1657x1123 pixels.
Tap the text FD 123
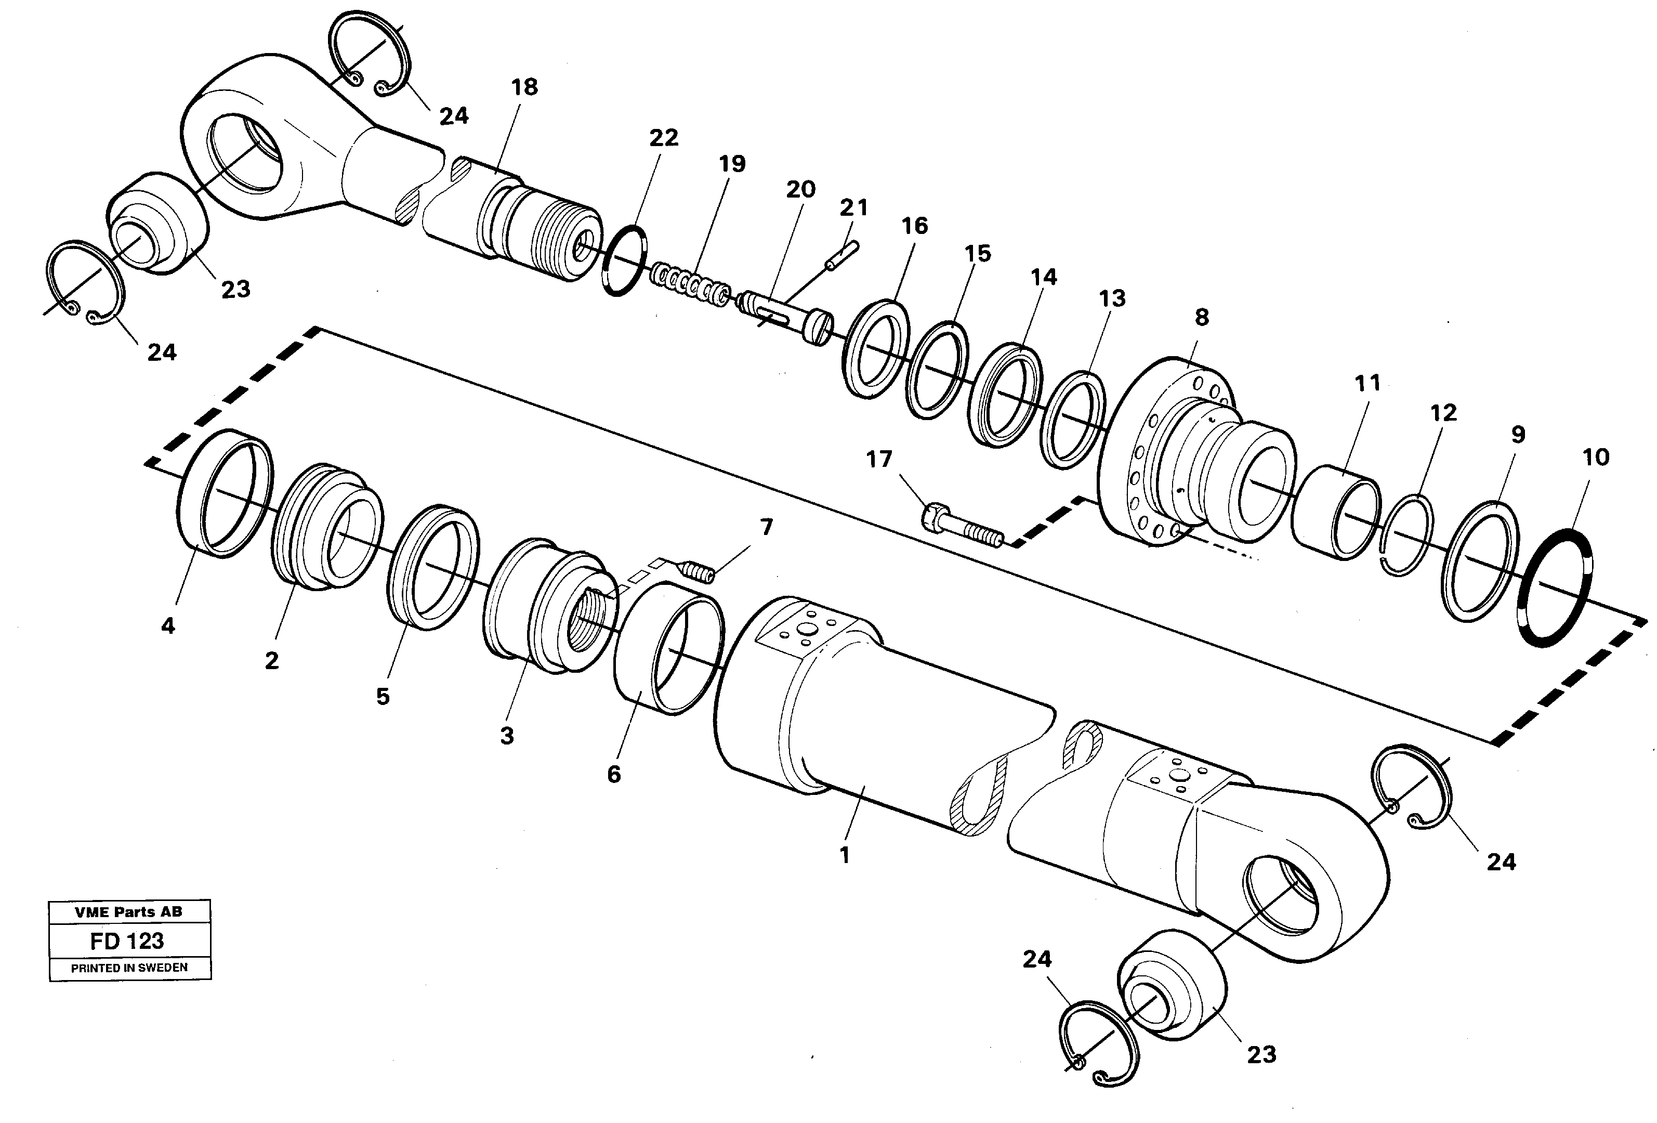pos(127,941)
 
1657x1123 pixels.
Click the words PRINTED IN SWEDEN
pos(129,968)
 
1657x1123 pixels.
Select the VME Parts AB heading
pos(128,911)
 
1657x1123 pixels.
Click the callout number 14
pos(1043,277)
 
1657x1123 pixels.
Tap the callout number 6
pos(614,774)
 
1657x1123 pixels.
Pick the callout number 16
pos(914,226)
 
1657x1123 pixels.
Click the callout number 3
pos(507,736)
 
